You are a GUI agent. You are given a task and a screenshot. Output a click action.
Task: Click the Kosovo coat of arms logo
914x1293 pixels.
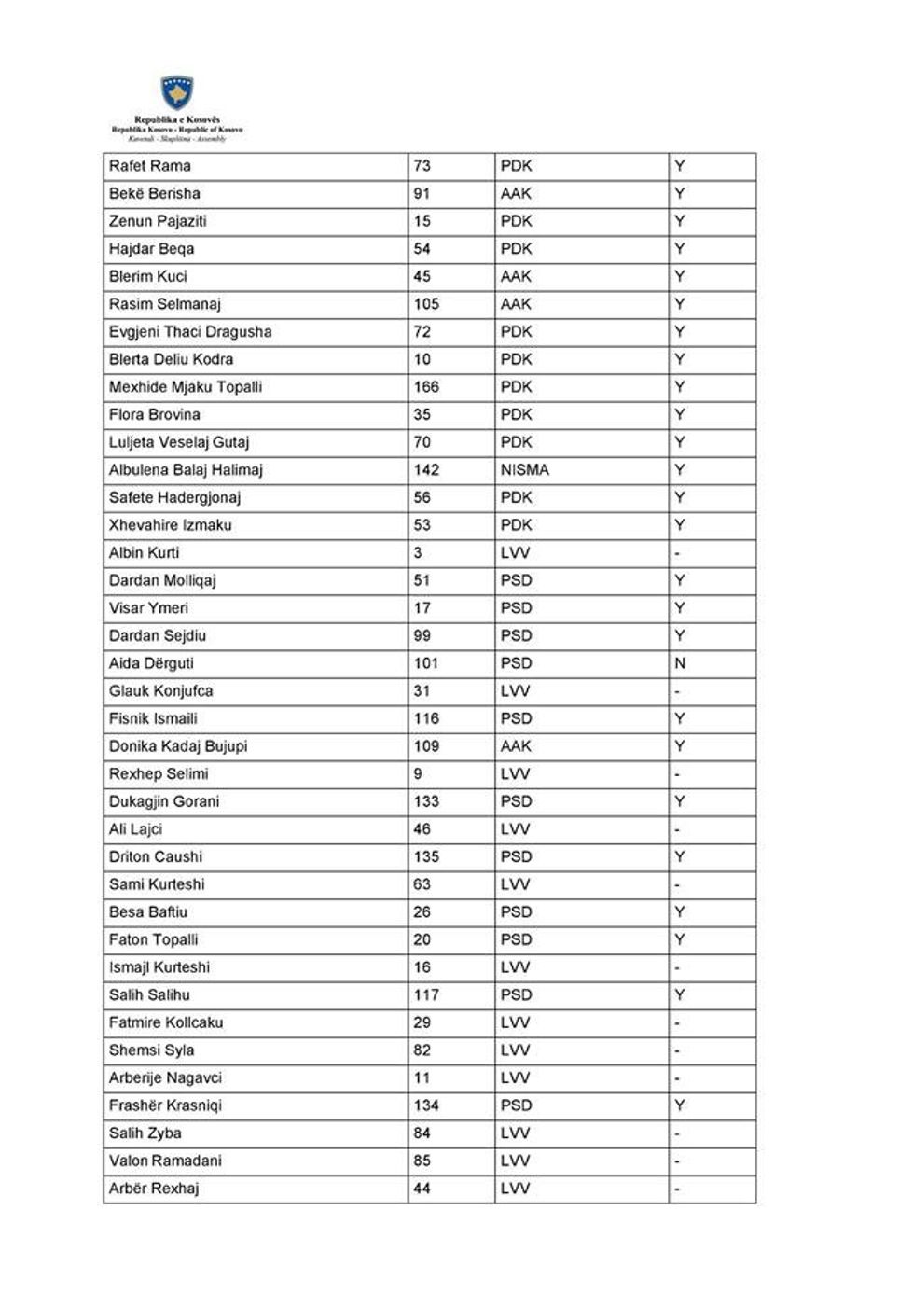(177, 93)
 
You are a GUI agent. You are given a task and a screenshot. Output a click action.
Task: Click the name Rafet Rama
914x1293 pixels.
(149, 166)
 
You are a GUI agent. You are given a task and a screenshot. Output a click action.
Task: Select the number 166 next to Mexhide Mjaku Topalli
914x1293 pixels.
(426, 387)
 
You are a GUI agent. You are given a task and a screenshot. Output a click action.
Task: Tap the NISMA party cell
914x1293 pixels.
(524, 470)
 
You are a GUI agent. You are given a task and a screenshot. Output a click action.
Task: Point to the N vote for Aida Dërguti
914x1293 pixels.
(680, 663)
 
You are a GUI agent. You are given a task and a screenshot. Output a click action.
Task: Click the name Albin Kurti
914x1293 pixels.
(144, 553)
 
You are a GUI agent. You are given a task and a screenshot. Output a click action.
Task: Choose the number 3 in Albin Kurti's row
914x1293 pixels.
(418, 553)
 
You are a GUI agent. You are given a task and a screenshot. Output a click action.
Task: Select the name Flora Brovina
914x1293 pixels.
(154, 415)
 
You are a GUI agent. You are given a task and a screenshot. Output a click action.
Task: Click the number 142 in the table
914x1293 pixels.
(426, 470)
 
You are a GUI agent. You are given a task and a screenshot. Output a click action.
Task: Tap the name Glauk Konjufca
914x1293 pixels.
(160, 691)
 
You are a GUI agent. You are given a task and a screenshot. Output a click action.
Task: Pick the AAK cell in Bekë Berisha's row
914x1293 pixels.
(515, 194)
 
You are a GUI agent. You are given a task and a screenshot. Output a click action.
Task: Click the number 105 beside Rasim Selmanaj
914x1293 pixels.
(426, 304)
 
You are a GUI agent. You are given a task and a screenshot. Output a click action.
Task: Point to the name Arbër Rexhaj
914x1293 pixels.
(154, 1189)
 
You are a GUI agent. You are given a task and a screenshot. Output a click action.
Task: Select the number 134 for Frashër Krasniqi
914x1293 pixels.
(426, 1105)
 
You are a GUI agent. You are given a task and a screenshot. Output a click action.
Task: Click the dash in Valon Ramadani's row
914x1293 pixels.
(677, 1161)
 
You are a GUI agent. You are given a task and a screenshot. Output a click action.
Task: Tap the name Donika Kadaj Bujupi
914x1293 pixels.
(177, 746)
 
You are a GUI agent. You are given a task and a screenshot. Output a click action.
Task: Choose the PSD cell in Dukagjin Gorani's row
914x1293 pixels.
(516, 801)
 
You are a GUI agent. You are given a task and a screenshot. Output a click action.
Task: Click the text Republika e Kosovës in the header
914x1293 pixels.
(177, 120)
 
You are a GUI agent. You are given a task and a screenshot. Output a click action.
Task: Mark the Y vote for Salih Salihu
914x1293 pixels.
(680, 995)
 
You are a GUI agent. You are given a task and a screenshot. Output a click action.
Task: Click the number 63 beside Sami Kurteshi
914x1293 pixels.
(422, 884)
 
